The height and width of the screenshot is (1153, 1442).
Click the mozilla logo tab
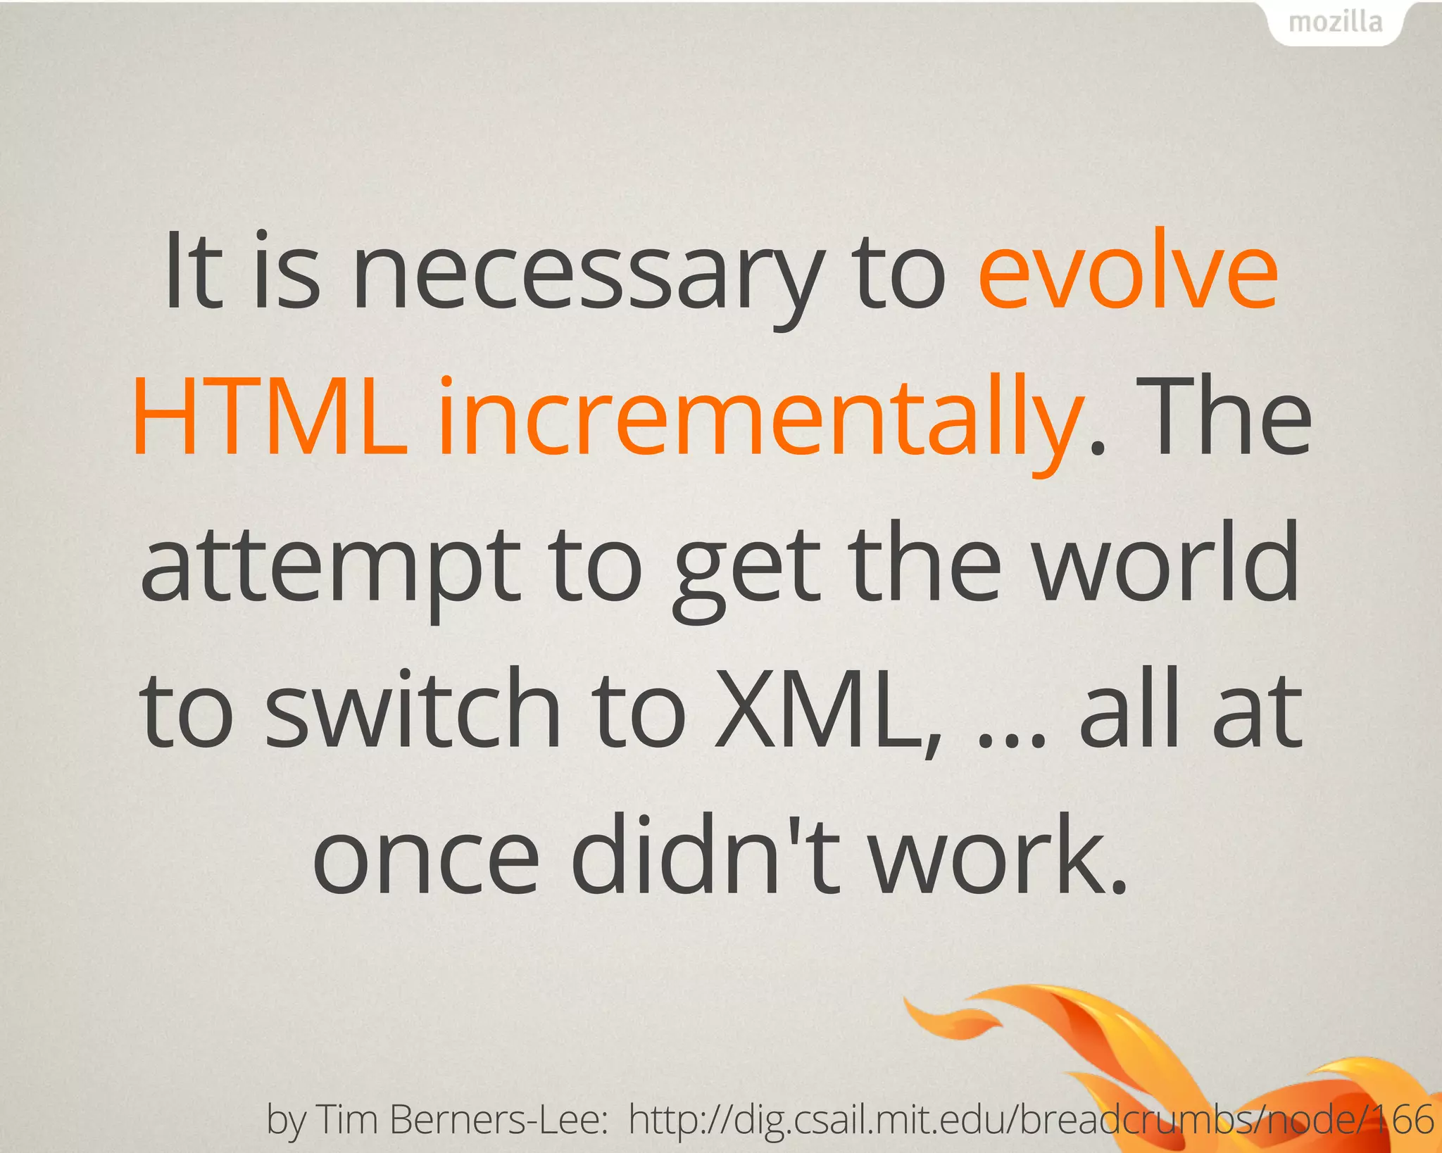[1336, 23]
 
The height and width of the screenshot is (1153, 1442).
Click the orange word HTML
[270, 419]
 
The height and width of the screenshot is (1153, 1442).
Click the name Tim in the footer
[349, 1119]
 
